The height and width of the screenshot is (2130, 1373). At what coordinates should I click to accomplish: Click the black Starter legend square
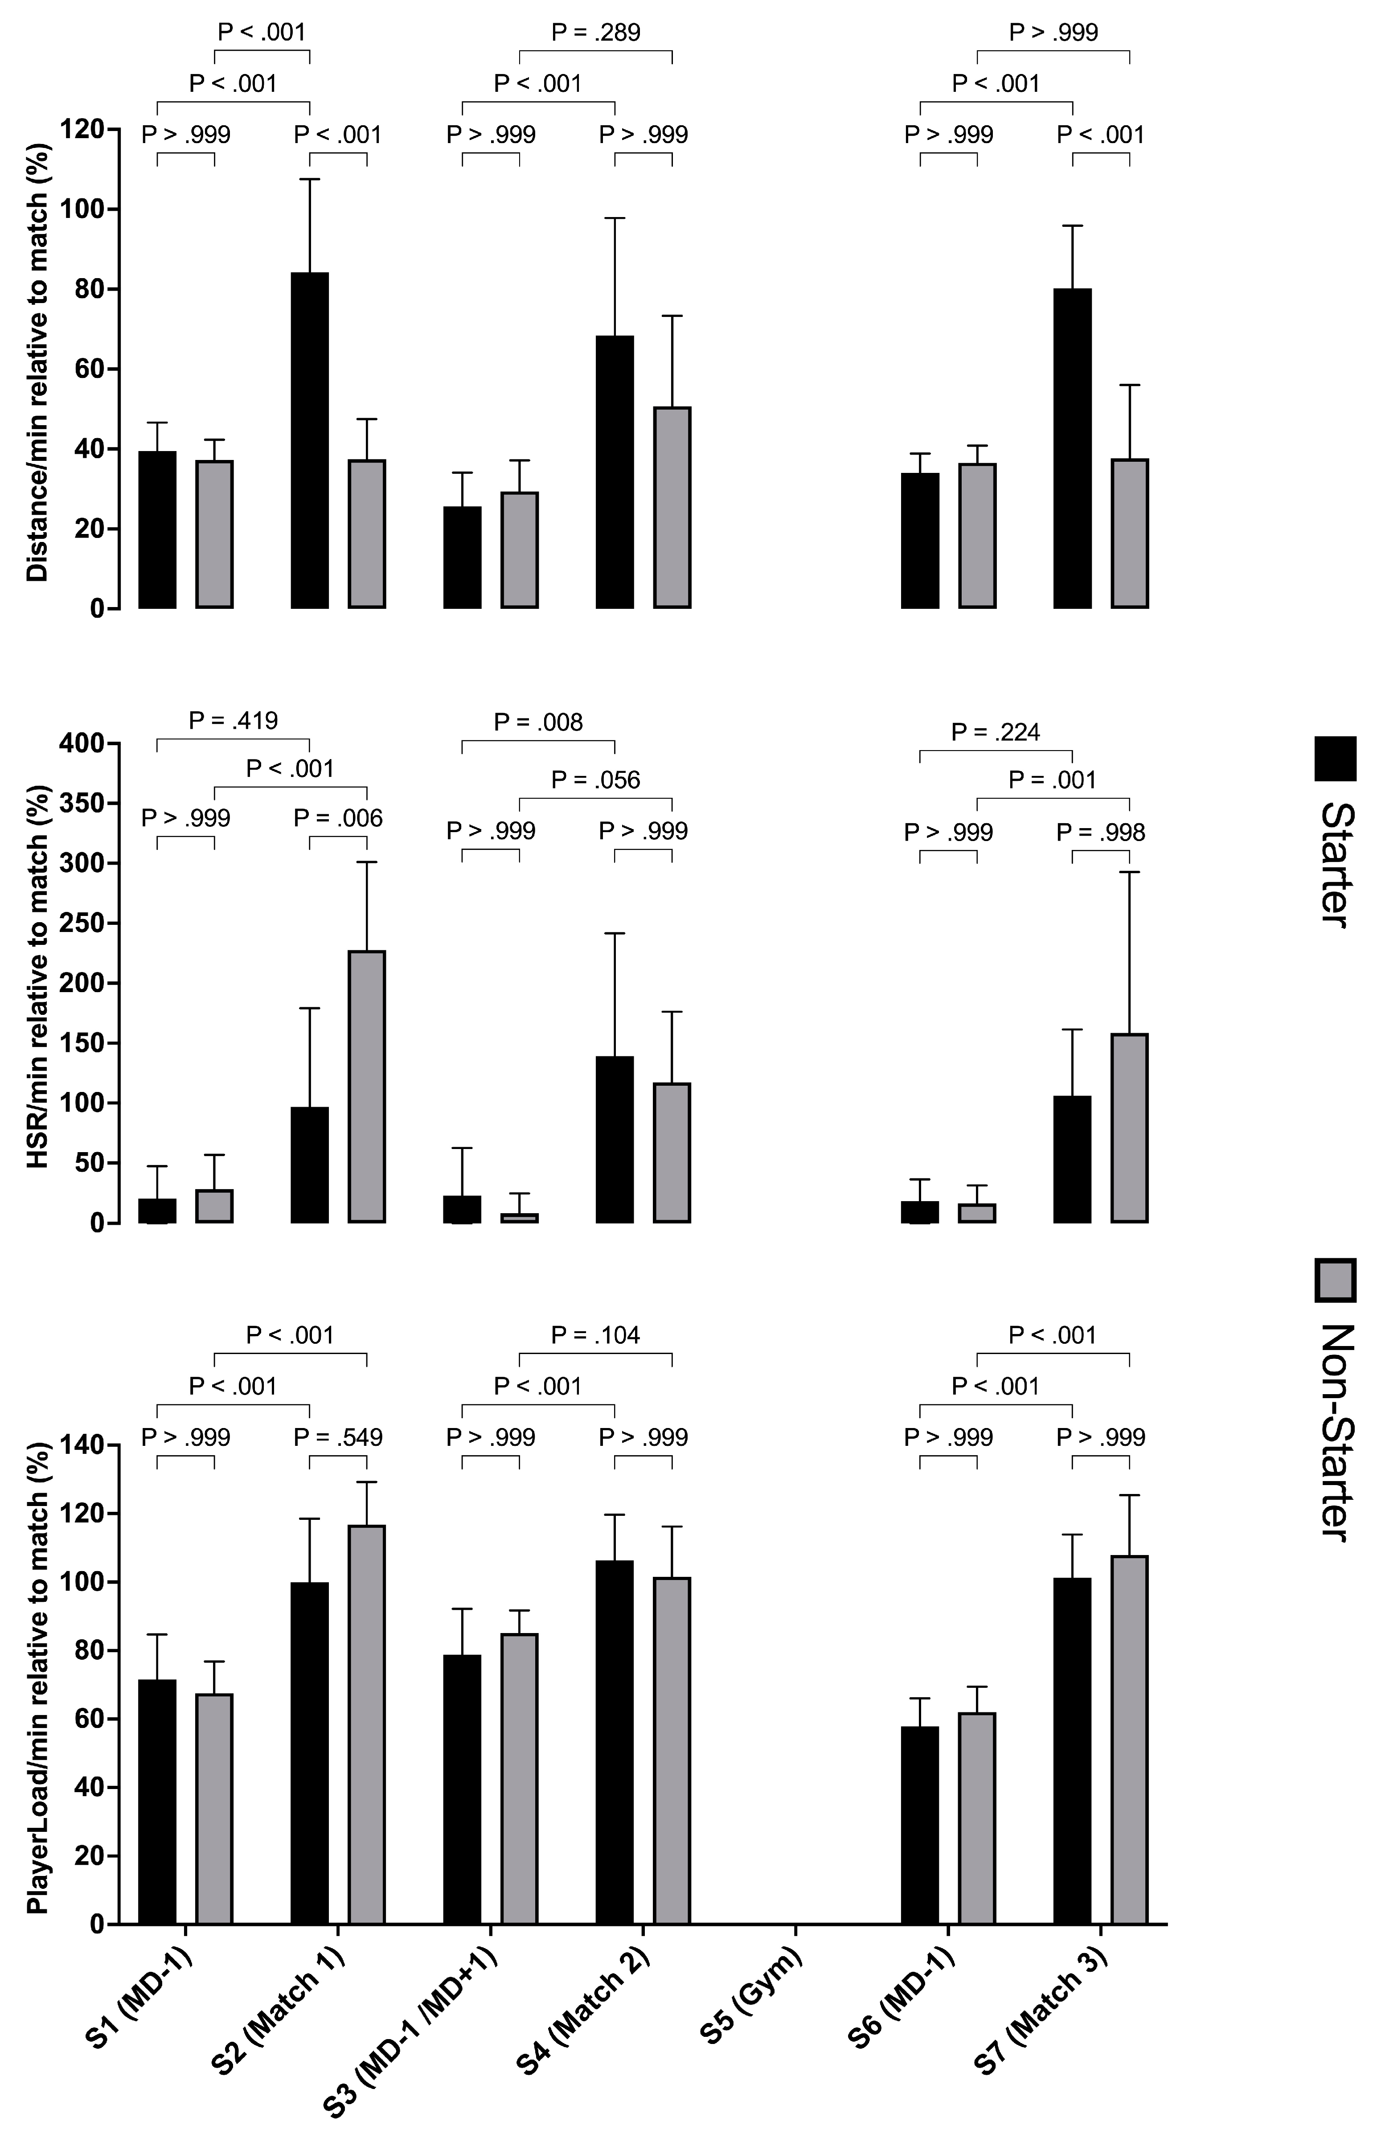tap(1335, 759)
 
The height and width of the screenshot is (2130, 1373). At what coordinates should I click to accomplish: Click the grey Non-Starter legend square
tap(1335, 1281)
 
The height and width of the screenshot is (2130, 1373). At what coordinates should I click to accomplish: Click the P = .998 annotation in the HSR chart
tap(1101, 833)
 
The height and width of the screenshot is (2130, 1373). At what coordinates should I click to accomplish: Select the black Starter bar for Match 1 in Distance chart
tap(309, 440)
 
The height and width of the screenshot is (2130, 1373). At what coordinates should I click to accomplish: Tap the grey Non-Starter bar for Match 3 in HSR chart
tap(1129, 1128)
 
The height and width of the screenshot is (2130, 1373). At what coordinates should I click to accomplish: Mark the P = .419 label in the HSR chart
tap(234, 720)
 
